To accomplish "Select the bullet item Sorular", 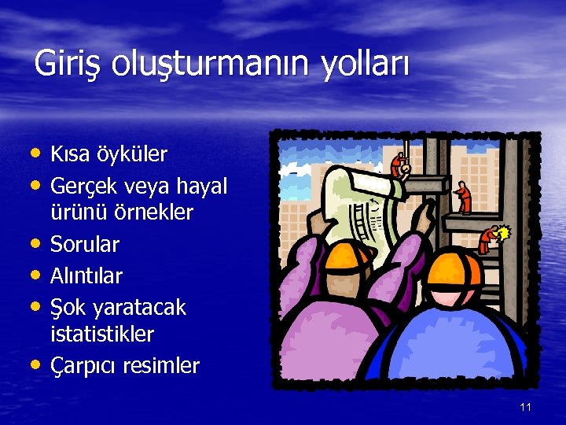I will click(85, 245).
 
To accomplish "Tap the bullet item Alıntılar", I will click(86, 275).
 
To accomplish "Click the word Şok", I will click(69, 307).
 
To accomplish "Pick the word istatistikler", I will click(102, 334).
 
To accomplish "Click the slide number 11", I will click(526, 407).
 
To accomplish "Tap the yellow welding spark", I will click(505, 233).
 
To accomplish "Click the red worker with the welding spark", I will click(490, 238).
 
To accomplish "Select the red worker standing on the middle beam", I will click(464, 198).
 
